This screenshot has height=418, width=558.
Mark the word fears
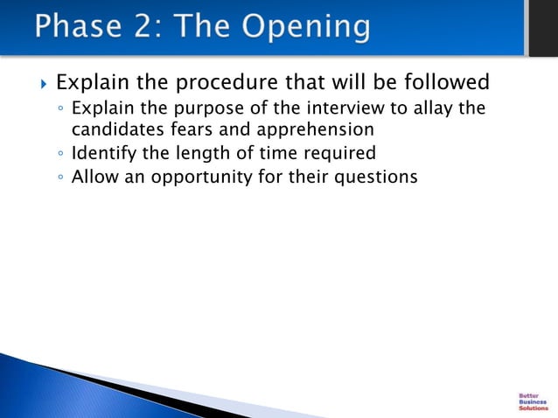[185, 129]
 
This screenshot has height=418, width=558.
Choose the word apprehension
[309, 130]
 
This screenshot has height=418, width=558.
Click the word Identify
[103, 154]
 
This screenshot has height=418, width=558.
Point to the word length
[202, 154]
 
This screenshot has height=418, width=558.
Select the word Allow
[94, 177]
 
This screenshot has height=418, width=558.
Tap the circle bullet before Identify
[59, 155]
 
